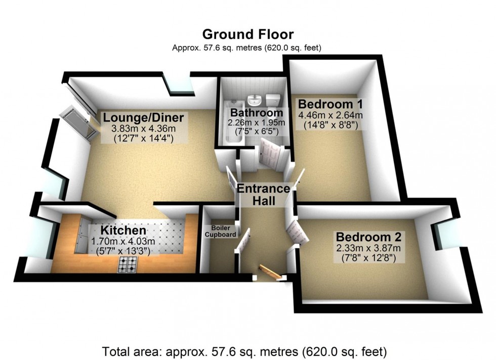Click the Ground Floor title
247,34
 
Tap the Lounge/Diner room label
143,118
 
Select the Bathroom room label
256,112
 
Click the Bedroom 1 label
330,104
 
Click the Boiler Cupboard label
220,231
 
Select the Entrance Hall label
264,195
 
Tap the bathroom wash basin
254,99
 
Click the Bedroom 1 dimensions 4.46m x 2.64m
330,116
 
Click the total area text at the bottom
244,350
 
